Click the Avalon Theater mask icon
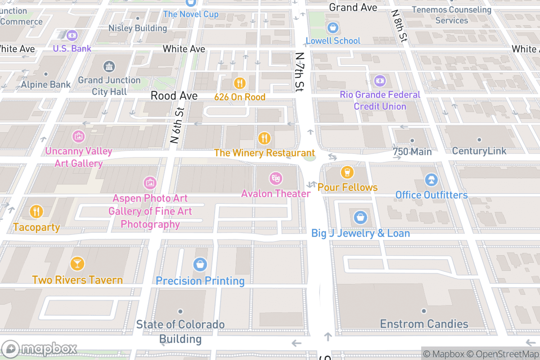[x=275, y=179]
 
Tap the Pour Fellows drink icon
[x=346, y=172]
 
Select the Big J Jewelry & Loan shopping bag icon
[x=360, y=218]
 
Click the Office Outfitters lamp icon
[x=431, y=180]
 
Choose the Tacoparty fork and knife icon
[x=36, y=211]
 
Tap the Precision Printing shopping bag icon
[x=200, y=265]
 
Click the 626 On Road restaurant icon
[x=239, y=83]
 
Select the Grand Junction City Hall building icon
[x=109, y=67]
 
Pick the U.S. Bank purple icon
[x=72, y=35]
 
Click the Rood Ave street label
[x=174, y=96]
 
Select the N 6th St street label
[x=177, y=126]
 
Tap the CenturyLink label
[x=479, y=151]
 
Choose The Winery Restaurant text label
[x=264, y=153]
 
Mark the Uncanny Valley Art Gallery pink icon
[x=78, y=135]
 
